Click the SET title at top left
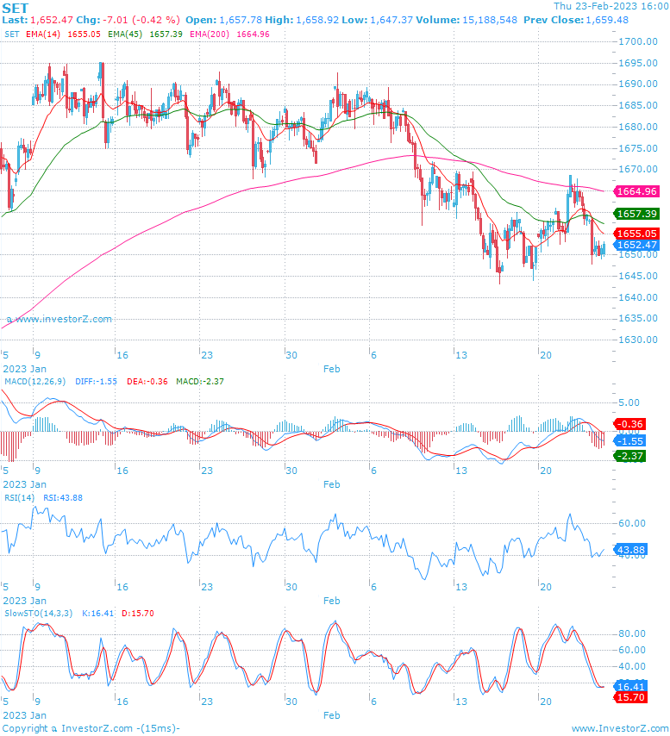16,8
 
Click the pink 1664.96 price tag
636,191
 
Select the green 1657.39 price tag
636,214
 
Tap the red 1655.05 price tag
636,234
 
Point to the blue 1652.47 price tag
636,245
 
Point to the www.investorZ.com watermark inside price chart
59,319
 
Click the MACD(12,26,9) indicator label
35,381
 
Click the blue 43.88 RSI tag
631,549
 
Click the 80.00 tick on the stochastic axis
633,633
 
